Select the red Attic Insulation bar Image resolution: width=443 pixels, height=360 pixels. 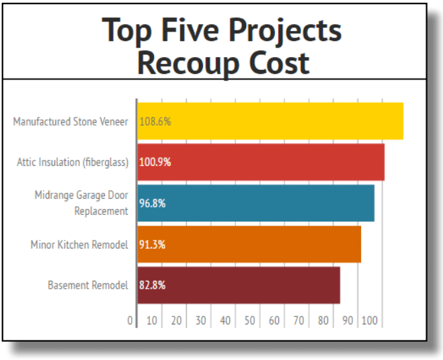click(x=261, y=162)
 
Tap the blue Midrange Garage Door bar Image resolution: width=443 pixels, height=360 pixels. click(x=255, y=203)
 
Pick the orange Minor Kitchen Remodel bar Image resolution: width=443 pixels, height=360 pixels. click(x=249, y=244)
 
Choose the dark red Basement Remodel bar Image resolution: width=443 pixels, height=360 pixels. click(x=239, y=285)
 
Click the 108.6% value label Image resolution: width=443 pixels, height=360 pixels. click(x=155, y=122)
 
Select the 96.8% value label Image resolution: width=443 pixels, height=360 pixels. click(x=153, y=204)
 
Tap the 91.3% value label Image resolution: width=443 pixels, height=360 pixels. click(x=153, y=244)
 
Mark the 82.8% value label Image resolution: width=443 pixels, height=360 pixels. click(x=153, y=285)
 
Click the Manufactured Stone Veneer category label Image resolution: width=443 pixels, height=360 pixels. click(x=71, y=122)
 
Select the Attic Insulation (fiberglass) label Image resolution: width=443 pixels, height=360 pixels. click(x=73, y=162)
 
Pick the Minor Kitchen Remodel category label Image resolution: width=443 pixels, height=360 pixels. click(x=79, y=244)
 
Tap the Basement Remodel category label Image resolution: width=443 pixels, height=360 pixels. click(x=87, y=285)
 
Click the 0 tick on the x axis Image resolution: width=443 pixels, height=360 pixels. click(x=130, y=321)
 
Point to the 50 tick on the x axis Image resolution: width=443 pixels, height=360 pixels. click(x=249, y=321)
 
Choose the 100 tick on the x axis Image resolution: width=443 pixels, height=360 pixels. click(x=369, y=321)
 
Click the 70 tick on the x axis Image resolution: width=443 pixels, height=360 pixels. click(x=298, y=321)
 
